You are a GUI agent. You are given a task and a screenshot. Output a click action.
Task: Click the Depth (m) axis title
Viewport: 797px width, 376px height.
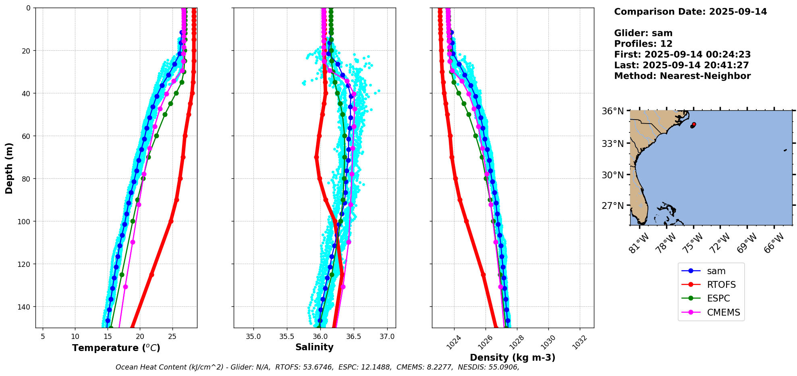(9, 168)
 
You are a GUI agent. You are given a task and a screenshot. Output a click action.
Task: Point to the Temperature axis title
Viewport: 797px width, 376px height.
(116, 348)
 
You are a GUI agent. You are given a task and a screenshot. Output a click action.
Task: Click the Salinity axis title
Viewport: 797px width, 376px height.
(314, 347)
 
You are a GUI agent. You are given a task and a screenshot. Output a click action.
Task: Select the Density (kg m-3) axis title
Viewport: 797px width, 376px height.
(513, 357)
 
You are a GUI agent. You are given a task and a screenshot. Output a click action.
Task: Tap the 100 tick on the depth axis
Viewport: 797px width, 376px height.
(25, 221)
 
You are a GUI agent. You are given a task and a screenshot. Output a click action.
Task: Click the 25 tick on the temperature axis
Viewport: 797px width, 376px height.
(172, 337)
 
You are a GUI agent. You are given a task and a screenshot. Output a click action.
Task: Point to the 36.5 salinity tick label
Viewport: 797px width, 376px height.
(353, 337)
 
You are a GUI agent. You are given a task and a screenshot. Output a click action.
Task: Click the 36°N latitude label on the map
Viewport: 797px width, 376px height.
(612, 112)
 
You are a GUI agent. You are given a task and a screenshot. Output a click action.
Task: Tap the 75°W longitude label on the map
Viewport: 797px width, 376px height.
(693, 243)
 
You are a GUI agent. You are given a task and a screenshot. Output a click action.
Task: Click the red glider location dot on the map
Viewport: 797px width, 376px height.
(693, 124)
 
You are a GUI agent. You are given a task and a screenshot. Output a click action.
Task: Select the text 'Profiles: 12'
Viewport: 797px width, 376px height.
(643, 44)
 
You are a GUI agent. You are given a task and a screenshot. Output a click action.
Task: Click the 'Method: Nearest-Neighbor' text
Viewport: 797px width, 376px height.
(682, 76)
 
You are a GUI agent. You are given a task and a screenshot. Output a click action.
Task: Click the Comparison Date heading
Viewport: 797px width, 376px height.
(690, 12)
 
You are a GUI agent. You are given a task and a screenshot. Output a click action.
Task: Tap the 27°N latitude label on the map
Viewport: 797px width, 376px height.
(612, 206)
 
